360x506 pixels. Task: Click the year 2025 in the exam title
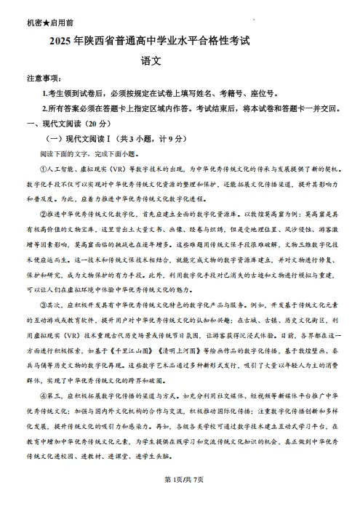(x=61, y=44)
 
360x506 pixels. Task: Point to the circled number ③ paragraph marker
(x=43, y=307)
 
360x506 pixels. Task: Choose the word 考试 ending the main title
(x=247, y=44)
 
